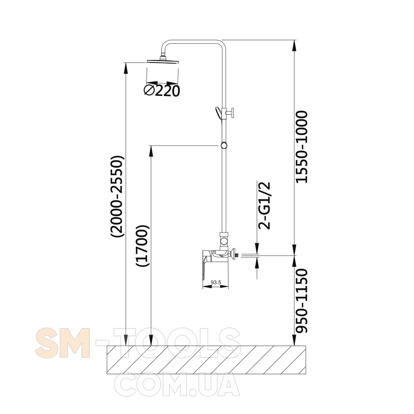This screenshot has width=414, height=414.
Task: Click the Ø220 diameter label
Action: tap(161, 91)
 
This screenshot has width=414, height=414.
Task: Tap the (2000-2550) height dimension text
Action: tap(117, 196)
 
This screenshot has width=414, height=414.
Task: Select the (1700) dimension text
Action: tap(142, 246)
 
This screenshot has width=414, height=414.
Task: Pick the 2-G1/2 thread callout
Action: tap(264, 206)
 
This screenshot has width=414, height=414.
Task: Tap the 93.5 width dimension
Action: tap(216, 283)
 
